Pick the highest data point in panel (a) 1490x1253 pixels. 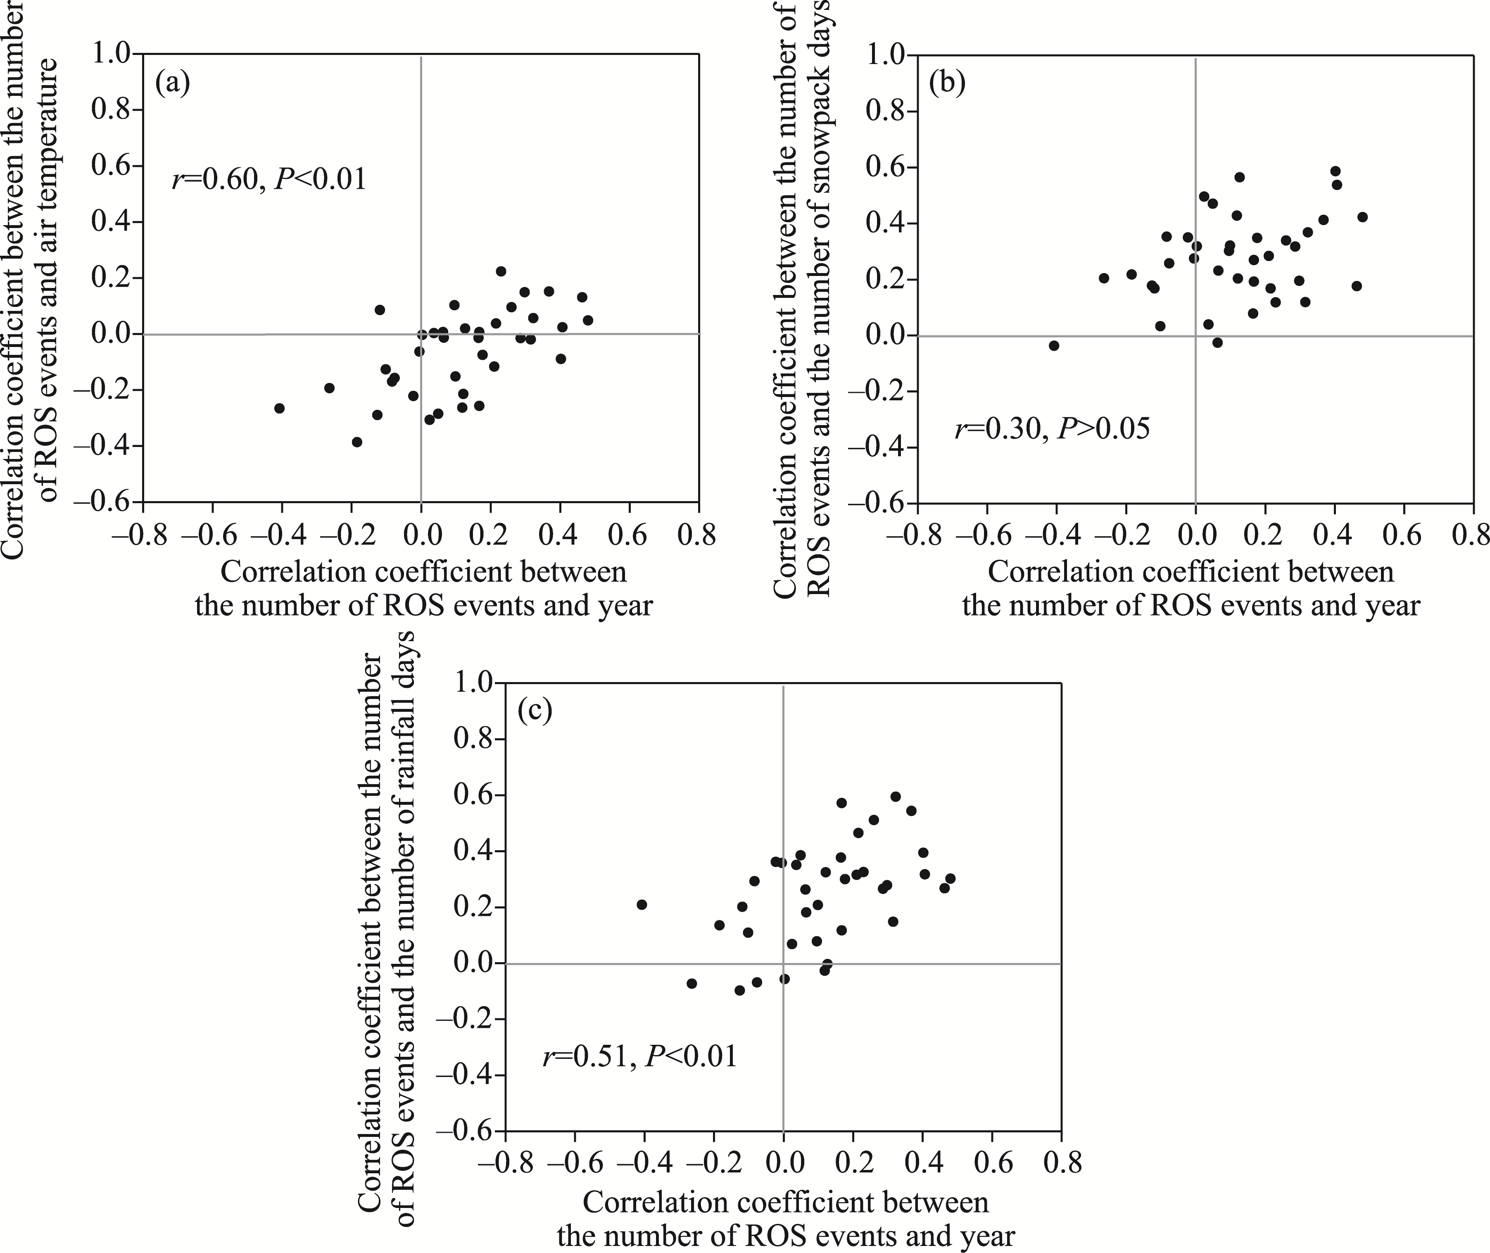[x=501, y=271]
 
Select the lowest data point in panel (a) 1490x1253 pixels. [x=356, y=442]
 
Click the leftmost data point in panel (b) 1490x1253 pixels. [x=1054, y=345]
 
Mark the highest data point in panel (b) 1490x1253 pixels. [x=1335, y=171]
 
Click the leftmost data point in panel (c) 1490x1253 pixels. [x=641, y=904]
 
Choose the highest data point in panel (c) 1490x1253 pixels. [x=896, y=796]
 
